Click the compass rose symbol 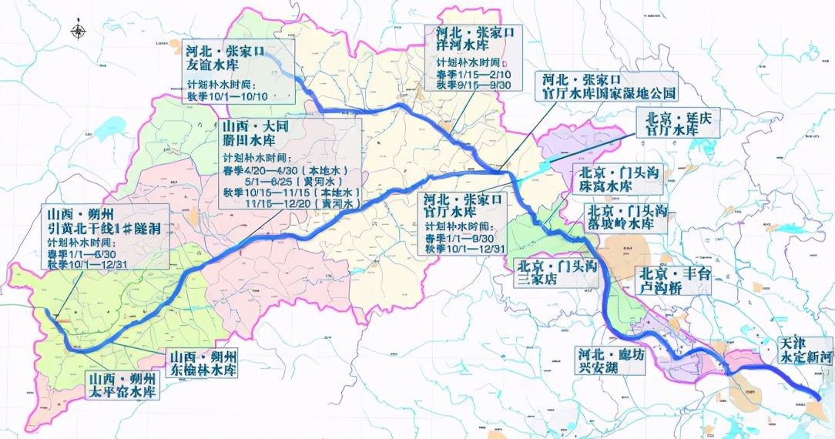[79, 32]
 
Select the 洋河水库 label [468, 46]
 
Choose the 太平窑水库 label [123, 392]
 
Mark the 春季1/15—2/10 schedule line [468, 73]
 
